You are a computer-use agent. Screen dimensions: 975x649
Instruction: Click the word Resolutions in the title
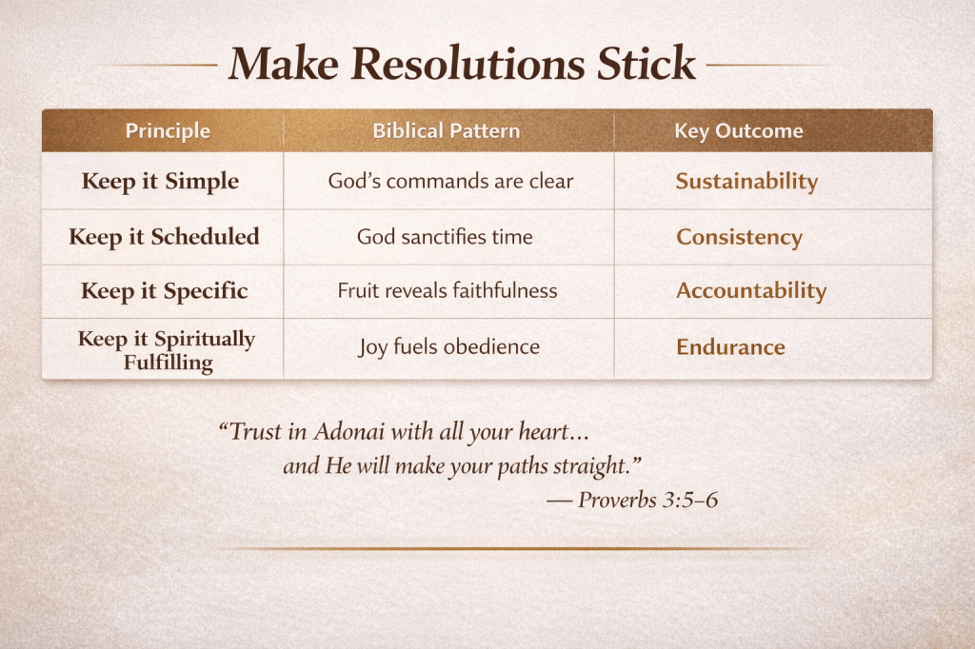pos(468,64)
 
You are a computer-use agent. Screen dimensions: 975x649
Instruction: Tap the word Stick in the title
pos(646,63)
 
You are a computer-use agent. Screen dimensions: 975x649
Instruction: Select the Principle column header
pos(168,131)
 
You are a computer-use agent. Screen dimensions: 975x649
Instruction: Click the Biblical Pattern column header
pos(446,130)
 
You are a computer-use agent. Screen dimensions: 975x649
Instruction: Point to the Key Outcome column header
pos(739,131)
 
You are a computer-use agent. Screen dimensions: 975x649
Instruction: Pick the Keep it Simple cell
pos(160,181)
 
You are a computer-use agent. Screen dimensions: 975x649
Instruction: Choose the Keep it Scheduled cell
pos(164,236)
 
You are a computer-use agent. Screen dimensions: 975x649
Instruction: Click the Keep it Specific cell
pos(164,291)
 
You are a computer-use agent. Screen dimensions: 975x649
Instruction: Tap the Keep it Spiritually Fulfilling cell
pos(167,350)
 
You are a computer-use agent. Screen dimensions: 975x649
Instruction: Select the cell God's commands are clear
pos(450,181)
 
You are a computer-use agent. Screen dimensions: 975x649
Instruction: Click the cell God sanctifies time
pos(445,237)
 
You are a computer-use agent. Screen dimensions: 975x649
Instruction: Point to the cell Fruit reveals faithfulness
pos(448,290)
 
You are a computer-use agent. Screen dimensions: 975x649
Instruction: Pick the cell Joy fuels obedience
pos(449,347)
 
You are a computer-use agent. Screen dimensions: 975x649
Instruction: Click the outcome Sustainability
pos(746,182)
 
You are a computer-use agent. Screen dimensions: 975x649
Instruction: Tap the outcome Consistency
pos(739,237)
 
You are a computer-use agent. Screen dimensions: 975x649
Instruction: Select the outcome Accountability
pos(751,291)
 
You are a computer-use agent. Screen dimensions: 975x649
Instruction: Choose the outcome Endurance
pos(730,347)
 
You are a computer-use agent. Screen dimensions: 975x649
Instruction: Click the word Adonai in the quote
pos(348,431)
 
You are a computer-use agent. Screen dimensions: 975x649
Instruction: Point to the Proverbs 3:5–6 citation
pos(647,500)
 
